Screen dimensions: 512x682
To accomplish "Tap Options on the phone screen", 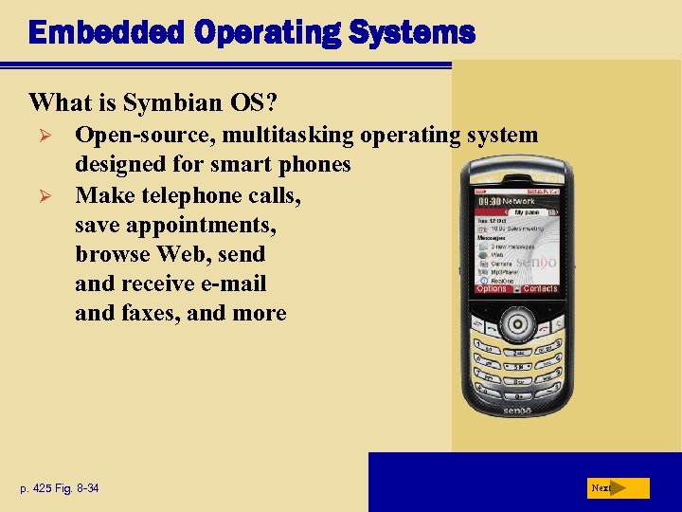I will (x=492, y=288).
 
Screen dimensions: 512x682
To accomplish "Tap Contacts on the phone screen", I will (x=540, y=288).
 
